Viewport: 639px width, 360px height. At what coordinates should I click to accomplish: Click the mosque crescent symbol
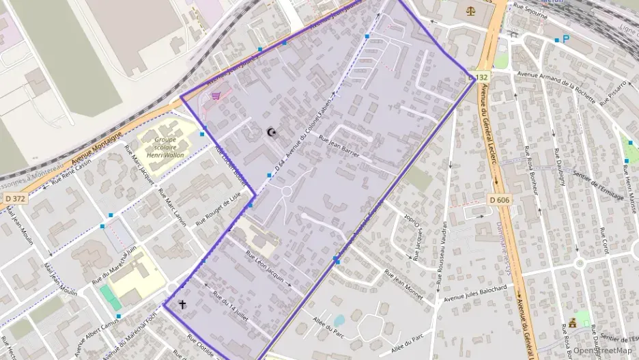click(x=272, y=132)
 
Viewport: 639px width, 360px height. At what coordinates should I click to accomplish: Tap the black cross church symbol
click(x=182, y=304)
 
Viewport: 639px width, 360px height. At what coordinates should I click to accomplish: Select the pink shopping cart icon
click(x=216, y=96)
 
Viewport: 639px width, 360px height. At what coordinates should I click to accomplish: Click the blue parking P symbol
click(x=565, y=40)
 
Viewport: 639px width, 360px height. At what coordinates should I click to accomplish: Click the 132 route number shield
click(x=482, y=77)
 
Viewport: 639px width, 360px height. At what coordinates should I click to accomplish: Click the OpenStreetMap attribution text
click(x=603, y=350)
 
